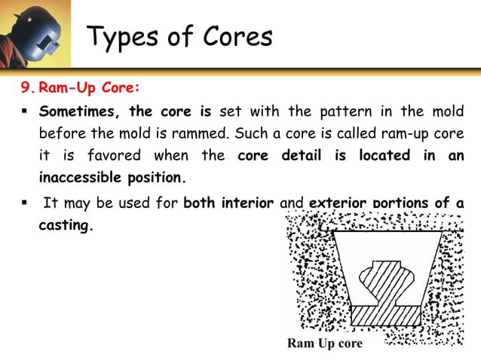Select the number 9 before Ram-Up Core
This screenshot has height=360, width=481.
click(27, 87)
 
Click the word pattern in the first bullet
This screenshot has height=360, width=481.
click(335, 111)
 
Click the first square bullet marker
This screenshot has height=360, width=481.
click(25, 112)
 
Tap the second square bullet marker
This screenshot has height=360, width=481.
click(25, 203)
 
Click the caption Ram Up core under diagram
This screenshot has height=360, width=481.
click(324, 343)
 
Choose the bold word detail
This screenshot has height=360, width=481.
click(302, 156)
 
